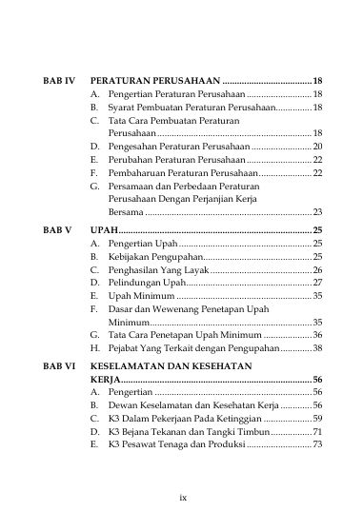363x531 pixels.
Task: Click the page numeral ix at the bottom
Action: (x=182, y=497)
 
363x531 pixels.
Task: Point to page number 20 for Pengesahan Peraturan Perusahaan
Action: (x=317, y=147)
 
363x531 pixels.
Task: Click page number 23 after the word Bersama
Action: (x=317, y=212)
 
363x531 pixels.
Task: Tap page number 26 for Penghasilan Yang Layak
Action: (x=317, y=270)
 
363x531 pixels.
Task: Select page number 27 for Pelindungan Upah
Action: (x=317, y=284)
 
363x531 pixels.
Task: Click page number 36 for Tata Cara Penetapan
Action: (x=317, y=336)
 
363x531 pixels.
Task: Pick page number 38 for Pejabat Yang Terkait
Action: (x=317, y=349)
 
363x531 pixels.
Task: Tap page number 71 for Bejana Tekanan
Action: (x=317, y=431)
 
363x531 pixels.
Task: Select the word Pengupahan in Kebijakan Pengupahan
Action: (x=175, y=257)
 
